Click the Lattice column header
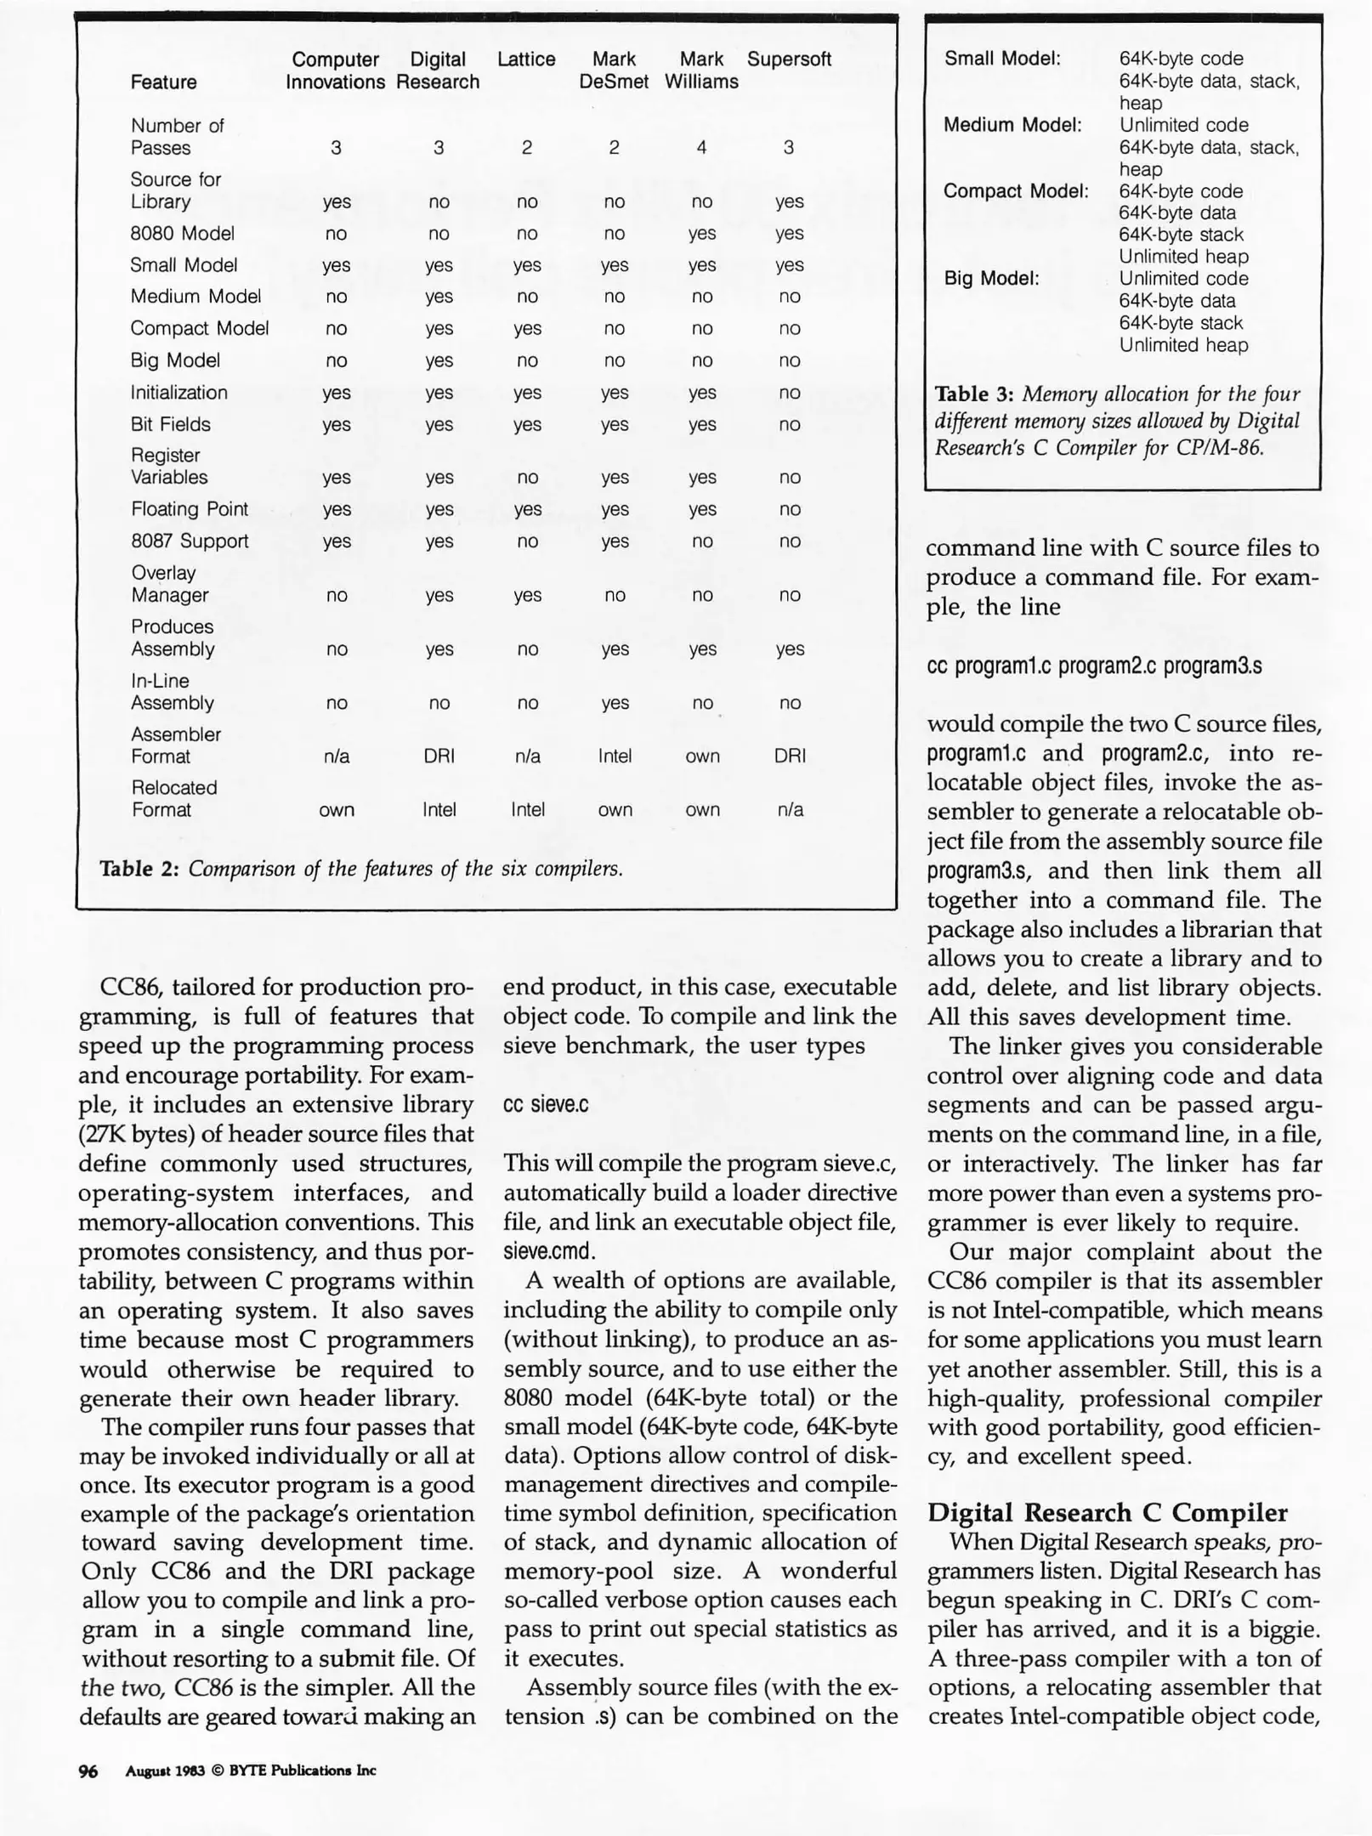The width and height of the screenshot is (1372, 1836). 526,59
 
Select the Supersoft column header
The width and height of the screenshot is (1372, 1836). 789,59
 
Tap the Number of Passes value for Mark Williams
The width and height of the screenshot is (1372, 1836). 701,148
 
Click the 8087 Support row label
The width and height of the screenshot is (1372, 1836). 190,541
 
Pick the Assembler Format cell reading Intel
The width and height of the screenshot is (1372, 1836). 615,756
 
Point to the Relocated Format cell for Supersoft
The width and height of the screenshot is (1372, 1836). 790,810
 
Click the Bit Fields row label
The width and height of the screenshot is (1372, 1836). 171,424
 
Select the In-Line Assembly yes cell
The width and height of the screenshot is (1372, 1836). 615,703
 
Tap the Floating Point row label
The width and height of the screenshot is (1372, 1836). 190,509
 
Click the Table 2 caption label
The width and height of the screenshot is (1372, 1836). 140,869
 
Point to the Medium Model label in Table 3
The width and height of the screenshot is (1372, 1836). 1012,125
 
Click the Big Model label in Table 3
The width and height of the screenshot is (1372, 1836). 992,279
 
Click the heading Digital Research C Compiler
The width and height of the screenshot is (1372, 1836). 1107,1513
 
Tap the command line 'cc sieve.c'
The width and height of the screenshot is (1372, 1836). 546,1104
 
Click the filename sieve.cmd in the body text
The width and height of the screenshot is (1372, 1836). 549,1251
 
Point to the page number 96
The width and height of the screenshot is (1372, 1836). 88,1771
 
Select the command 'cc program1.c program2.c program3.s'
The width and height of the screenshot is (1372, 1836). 1094,666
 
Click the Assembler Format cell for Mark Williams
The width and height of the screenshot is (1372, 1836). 702,756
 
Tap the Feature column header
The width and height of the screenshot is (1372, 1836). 163,82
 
